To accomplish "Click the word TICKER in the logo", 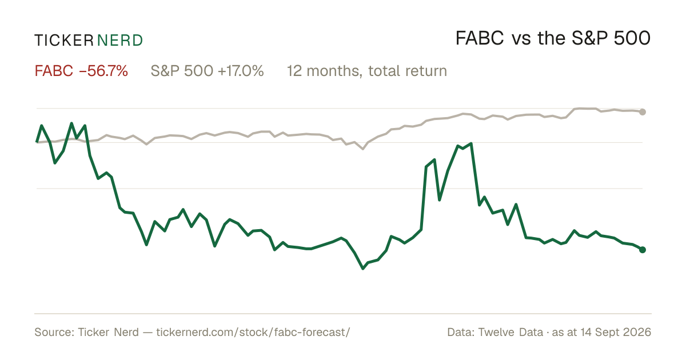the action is [63, 41].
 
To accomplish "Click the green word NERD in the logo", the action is [119, 41].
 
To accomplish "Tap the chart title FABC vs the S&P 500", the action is [553, 38].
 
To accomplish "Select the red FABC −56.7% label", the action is [81, 71].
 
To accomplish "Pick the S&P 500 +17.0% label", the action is [207, 71].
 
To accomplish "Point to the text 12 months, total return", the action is [367, 71].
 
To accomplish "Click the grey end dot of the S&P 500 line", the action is [643, 112].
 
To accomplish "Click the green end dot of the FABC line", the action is [643, 250].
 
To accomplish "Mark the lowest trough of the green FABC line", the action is [363, 269].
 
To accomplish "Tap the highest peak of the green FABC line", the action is [71, 123].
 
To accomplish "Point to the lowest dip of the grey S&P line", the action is [363, 149].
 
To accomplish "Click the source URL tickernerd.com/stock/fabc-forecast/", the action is [253, 332].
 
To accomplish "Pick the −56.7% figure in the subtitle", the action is [103, 71].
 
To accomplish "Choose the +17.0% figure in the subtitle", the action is [241, 71].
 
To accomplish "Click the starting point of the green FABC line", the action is [37, 142].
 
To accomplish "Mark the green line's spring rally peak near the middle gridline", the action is [471, 143].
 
